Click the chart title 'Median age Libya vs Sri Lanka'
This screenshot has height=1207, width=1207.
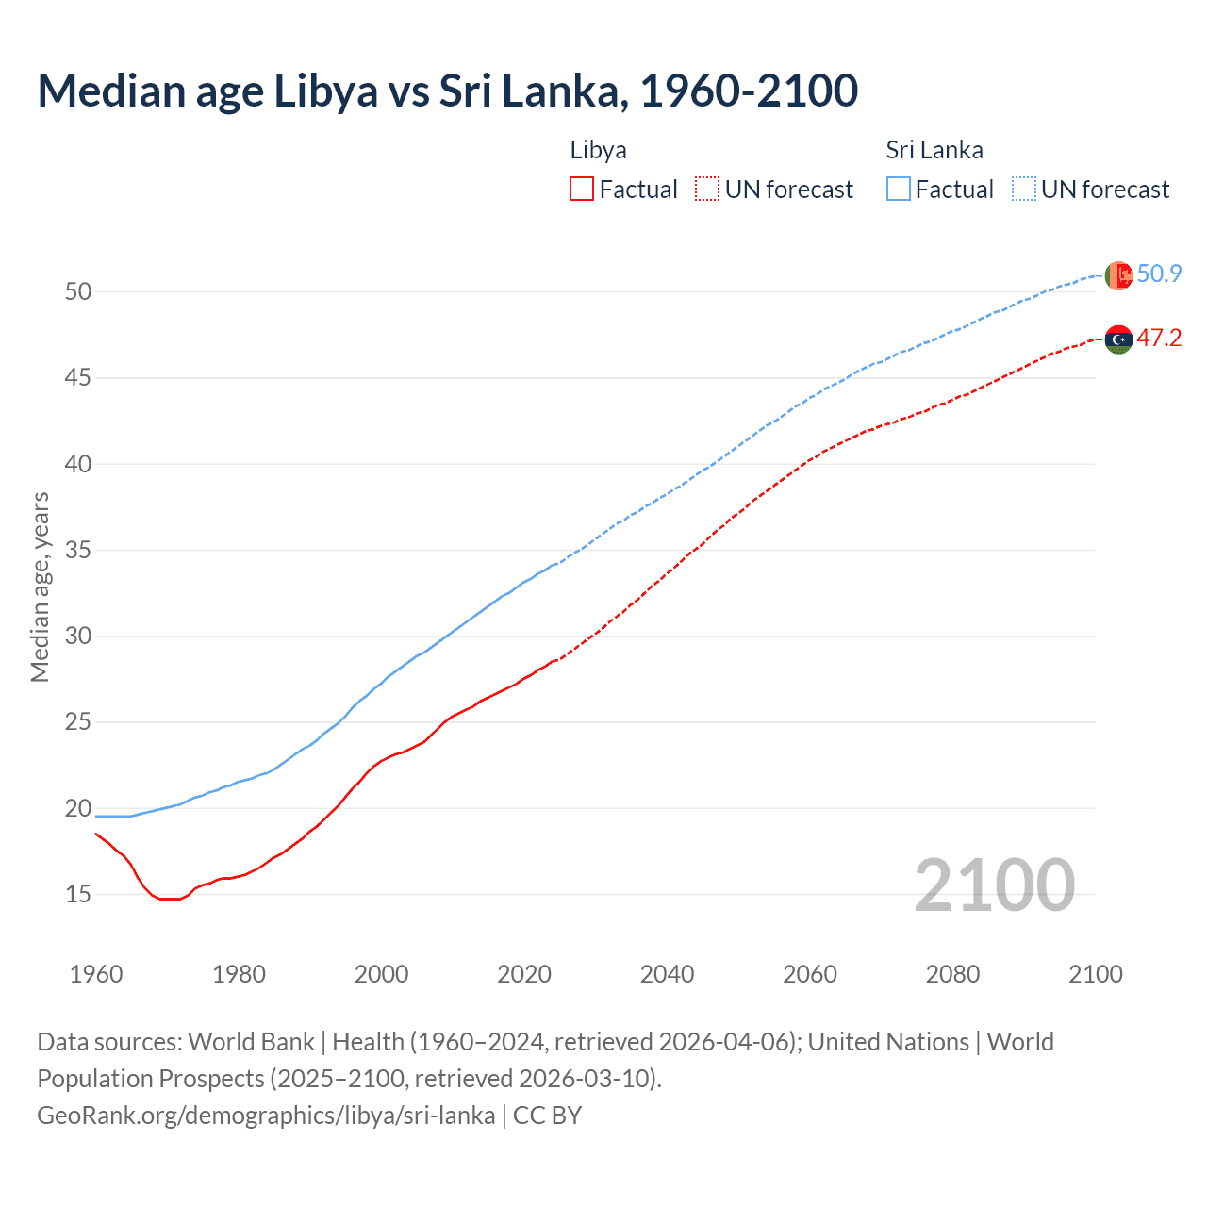(447, 91)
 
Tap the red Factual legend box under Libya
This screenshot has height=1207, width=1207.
(582, 190)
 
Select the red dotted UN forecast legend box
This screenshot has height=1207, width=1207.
(706, 190)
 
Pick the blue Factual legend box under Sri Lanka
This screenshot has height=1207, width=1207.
(899, 190)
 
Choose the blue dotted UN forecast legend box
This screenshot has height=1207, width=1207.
(1023, 190)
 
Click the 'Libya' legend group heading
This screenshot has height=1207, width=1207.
(598, 150)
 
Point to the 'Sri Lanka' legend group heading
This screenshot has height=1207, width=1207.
(934, 150)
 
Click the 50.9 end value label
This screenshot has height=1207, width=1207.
(1159, 274)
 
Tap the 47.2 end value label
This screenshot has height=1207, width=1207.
(1159, 339)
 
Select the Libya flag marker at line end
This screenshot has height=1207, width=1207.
(1118, 339)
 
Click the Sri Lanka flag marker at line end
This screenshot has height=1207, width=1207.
(1118, 275)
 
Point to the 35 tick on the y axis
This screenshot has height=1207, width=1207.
(78, 550)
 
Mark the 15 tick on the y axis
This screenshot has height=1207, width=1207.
(78, 894)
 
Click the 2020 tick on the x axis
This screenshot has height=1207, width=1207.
(524, 974)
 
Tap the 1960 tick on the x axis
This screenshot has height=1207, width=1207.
(96, 974)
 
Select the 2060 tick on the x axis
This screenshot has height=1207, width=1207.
(810, 974)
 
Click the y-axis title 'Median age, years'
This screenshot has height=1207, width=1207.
(40, 587)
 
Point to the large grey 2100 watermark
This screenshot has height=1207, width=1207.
(994, 885)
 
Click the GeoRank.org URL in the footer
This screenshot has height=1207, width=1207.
(266, 1116)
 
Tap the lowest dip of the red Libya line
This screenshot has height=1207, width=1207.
(170, 899)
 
